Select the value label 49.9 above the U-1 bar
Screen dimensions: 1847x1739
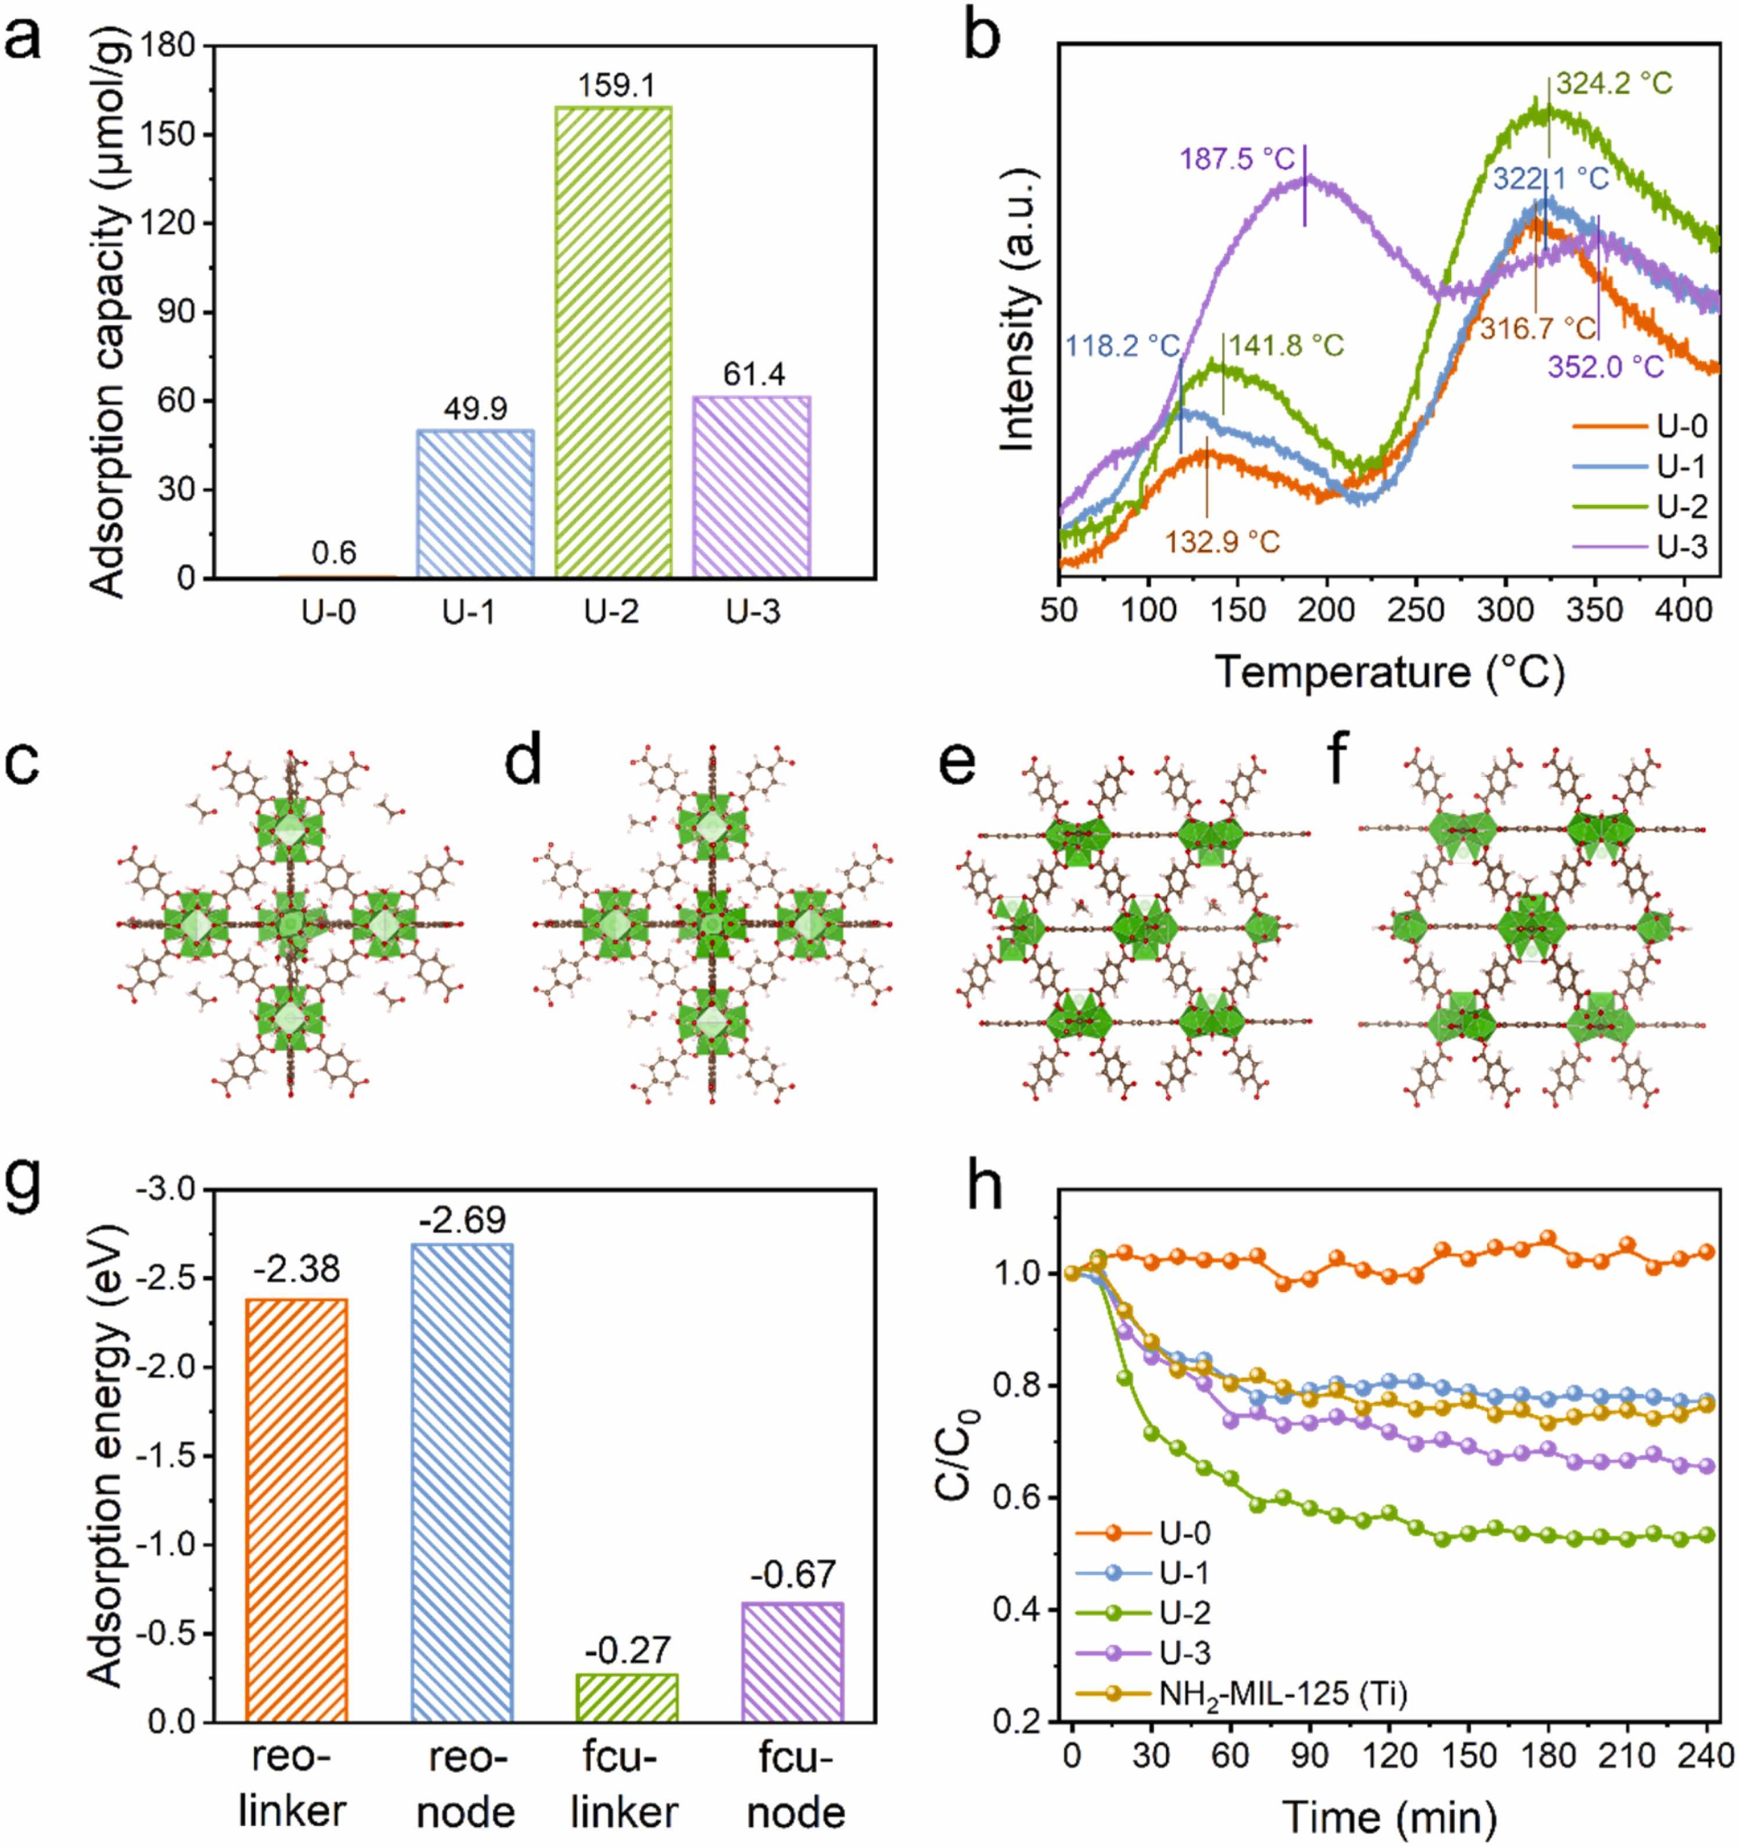click(x=475, y=409)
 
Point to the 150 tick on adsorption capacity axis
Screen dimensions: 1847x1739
click(x=174, y=135)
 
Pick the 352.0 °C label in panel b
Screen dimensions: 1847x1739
click(x=1605, y=367)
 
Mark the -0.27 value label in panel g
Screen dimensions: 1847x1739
click(x=627, y=1650)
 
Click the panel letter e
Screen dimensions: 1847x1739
click(x=960, y=763)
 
